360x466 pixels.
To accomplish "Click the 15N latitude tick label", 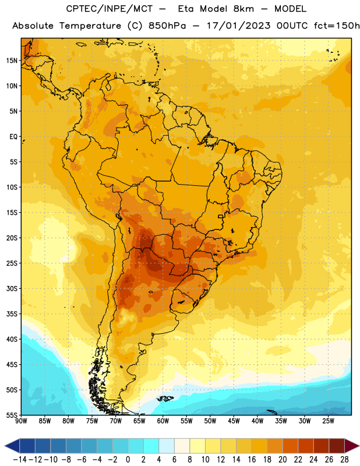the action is [x=12, y=61].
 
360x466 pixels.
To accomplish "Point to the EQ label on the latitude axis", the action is [x=13, y=137].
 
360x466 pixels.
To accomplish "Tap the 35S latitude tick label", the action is [x=12, y=314].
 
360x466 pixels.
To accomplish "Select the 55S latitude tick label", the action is [x=12, y=415].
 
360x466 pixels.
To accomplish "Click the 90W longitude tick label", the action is [x=21, y=421].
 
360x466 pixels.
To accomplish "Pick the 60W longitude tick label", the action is [x=163, y=421].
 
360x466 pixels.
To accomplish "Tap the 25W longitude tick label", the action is [x=328, y=421].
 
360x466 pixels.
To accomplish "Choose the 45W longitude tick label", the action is [x=234, y=421].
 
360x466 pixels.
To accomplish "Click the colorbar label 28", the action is [x=344, y=460].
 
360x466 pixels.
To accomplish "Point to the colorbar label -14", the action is [x=20, y=460].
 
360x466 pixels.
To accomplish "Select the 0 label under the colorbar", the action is [x=128, y=460].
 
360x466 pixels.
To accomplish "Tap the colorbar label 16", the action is [x=252, y=460].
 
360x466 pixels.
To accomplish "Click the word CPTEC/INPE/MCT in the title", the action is [x=110, y=9].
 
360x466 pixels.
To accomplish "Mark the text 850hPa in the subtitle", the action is [x=167, y=26].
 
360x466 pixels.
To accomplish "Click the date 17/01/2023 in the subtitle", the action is [x=239, y=26].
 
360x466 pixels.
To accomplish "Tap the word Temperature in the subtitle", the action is [x=90, y=26].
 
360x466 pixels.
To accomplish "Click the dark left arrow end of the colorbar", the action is [x=12, y=446].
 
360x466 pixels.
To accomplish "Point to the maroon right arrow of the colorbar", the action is [x=352, y=446].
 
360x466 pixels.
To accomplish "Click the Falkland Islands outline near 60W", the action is [x=165, y=398].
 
